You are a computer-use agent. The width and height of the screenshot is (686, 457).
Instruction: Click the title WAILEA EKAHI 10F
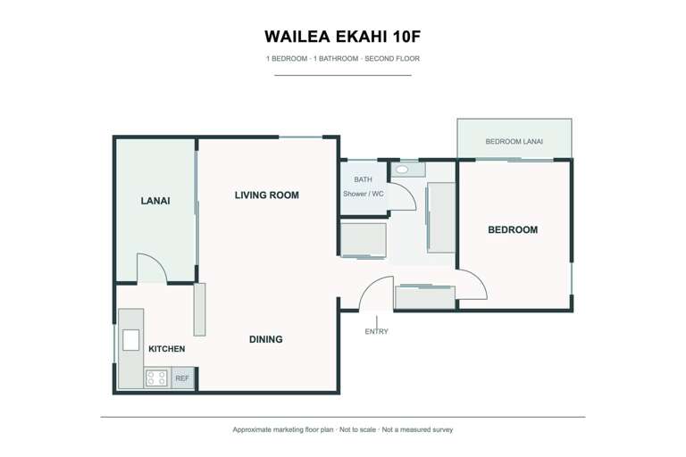[x=342, y=37]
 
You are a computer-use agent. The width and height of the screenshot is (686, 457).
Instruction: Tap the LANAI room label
[x=155, y=201]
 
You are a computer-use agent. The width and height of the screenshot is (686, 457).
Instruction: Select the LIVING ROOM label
[x=267, y=195]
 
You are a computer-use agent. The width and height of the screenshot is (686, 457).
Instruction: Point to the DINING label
[x=265, y=339]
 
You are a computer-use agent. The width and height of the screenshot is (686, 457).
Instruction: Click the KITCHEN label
[x=167, y=349]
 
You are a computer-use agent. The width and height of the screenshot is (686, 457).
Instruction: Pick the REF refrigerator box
[x=182, y=378]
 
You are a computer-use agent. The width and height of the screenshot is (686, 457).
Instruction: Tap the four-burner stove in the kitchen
[x=156, y=378]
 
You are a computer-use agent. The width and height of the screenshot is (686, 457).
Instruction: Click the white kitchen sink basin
[x=130, y=340]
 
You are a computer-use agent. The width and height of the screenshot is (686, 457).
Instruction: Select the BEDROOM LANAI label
[x=514, y=142]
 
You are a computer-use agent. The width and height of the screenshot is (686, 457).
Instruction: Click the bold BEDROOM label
[x=513, y=230]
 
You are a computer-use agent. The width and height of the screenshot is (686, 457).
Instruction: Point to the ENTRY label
[x=376, y=331]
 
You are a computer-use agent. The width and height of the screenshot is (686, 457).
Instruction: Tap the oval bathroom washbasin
[x=403, y=170]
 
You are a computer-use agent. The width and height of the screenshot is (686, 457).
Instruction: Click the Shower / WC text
[x=364, y=194]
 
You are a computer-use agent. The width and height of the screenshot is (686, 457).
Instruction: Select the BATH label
[x=364, y=179]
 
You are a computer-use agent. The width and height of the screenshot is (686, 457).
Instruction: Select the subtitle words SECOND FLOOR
[x=392, y=59]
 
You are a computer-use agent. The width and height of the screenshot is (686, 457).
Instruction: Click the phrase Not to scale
[x=357, y=430]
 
